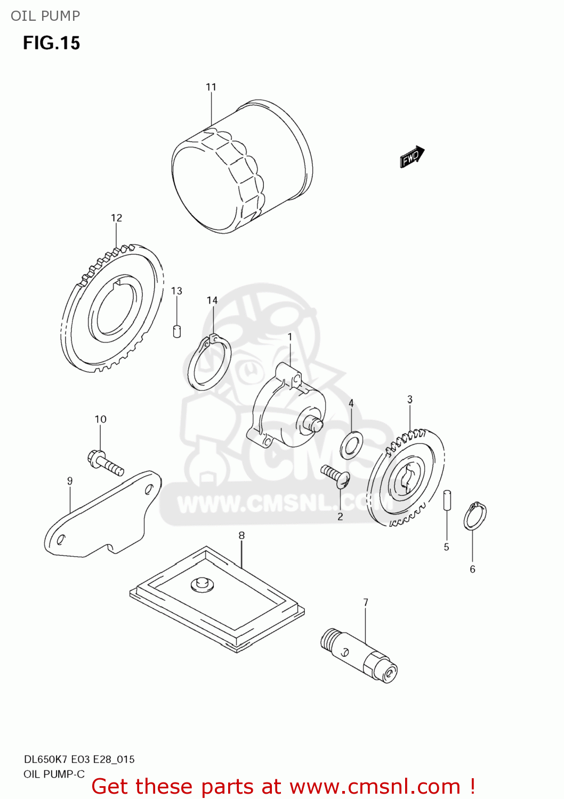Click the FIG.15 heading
point(51,43)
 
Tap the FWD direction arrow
point(412,157)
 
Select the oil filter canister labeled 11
point(243,166)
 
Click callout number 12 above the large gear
point(116,218)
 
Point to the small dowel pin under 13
point(178,331)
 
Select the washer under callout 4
point(352,445)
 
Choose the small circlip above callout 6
point(474,516)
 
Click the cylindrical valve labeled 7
point(359,656)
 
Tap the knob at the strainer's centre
point(202,584)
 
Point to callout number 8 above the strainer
point(241,535)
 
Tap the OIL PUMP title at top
point(45,16)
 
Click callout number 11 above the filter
point(211,87)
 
